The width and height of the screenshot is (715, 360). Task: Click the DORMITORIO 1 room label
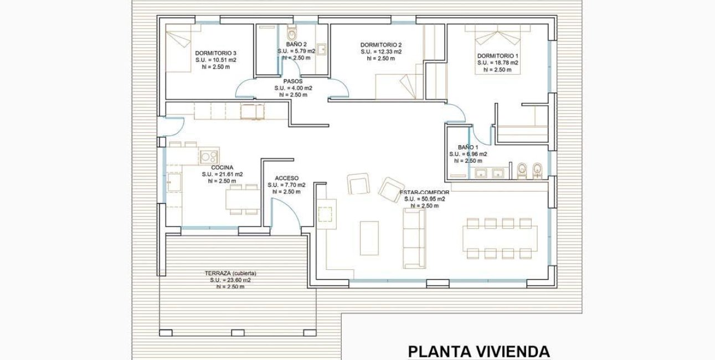tap(497, 56)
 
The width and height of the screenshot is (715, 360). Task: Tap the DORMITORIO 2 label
tap(380, 45)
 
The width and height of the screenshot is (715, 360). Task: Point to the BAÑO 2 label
tap(296, 44)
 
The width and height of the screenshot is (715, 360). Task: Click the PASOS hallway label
tap(293, 81)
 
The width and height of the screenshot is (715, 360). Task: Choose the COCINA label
tap(222, 167)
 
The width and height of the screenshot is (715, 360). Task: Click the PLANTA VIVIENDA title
tap(479, 351)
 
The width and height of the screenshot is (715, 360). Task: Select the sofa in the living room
tap(414, 238)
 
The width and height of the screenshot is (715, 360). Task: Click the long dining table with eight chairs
tap(500, 238)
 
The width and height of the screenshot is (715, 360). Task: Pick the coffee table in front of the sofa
tap(369, 238)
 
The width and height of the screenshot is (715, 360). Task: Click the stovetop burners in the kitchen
tap(209, 156)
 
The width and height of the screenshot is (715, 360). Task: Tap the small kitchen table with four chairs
tap(243, 199)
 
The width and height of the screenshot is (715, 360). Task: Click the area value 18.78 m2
tap(497, 63)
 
